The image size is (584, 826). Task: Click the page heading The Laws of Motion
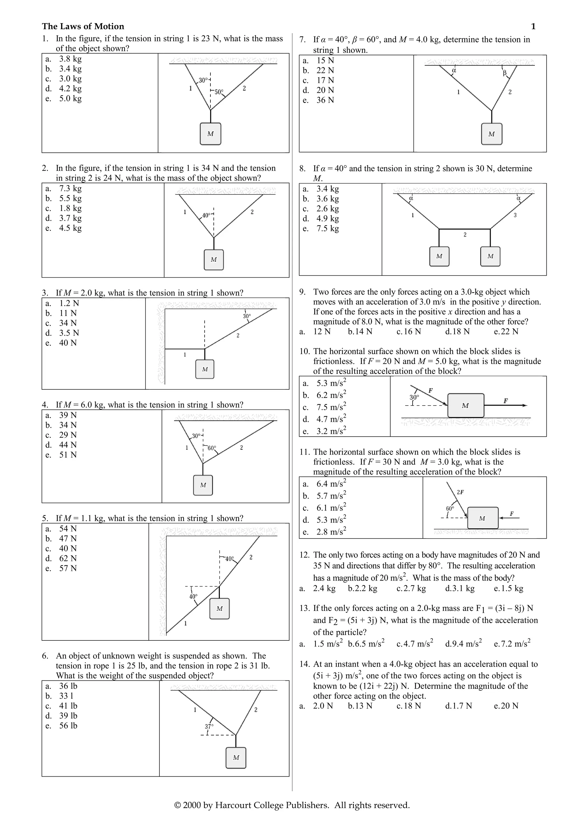pos(83,26)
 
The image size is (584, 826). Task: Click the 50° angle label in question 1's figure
pos(219,92)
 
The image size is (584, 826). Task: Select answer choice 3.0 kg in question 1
pos(70,79)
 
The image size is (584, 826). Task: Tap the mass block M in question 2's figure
pos(214,259)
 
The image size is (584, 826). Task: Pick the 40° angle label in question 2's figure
pos(206,215)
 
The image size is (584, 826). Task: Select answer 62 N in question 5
pos(68,558)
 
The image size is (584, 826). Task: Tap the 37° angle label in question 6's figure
pos(209,726)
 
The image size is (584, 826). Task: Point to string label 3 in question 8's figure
pos(515,215)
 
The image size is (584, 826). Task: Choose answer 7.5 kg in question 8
pos(327,228)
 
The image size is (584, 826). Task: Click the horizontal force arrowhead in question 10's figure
pos(525,405)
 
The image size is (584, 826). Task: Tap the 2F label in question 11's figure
pos(460,492)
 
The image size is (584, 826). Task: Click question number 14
pos(305,664)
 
